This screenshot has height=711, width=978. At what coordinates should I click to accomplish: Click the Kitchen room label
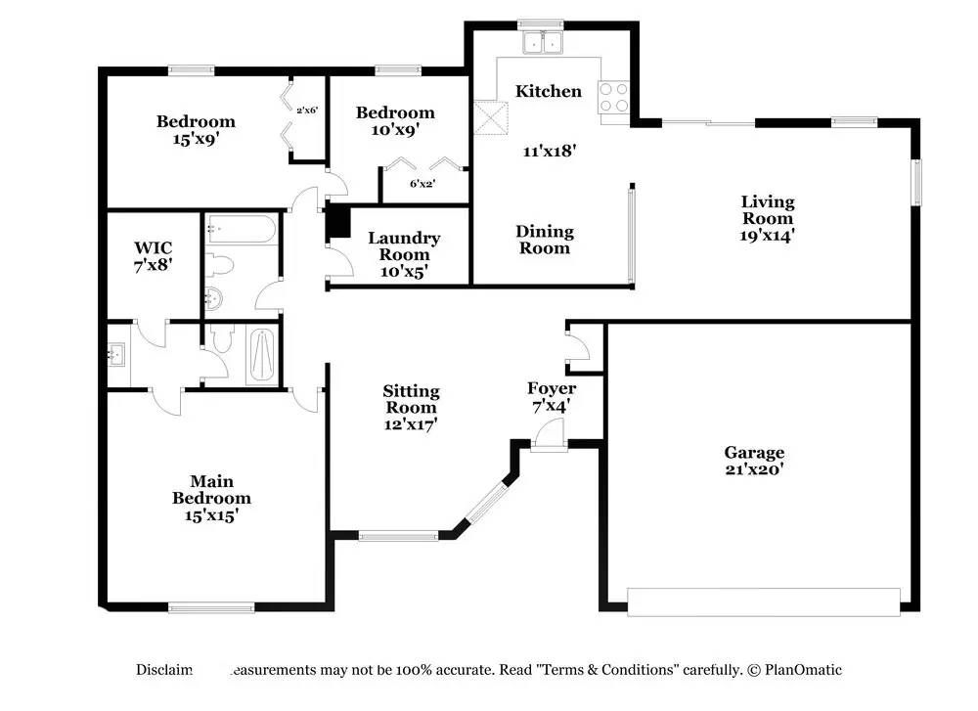pos(549,91)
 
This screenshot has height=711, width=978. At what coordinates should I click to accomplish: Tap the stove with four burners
pos(613,96)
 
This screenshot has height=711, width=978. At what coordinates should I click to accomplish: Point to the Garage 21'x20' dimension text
pos(754,468)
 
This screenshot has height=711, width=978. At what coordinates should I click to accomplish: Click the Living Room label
pos(767,210)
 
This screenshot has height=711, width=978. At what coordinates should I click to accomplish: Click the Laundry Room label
pos(404,246)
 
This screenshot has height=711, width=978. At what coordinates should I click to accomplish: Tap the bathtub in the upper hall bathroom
pos(241,231)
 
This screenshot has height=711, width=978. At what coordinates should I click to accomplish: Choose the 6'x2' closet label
pos(422,183)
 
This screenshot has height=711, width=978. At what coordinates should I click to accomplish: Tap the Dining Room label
pos(545,240)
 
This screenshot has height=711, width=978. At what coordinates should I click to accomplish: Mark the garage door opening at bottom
pos(763,601)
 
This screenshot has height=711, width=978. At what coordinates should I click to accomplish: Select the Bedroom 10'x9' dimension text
pos(395,129)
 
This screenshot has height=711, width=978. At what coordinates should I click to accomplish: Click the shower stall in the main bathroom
pos(262,356)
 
